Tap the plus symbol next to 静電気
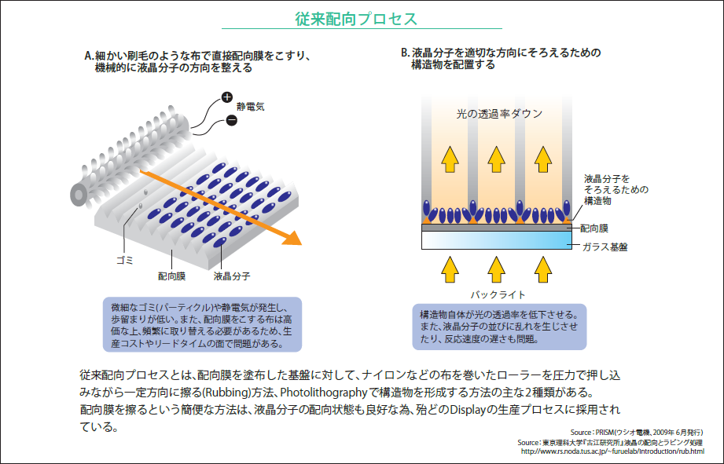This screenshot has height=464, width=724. point(226,98)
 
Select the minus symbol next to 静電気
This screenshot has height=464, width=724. point(231,119)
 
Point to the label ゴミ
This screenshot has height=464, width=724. point(124,259)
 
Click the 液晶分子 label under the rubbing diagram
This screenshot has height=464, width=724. point(232,276)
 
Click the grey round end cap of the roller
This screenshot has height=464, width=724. point(80,193)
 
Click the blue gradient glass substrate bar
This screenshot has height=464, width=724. point(496,239)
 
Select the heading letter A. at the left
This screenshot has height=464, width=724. point(89,56)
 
